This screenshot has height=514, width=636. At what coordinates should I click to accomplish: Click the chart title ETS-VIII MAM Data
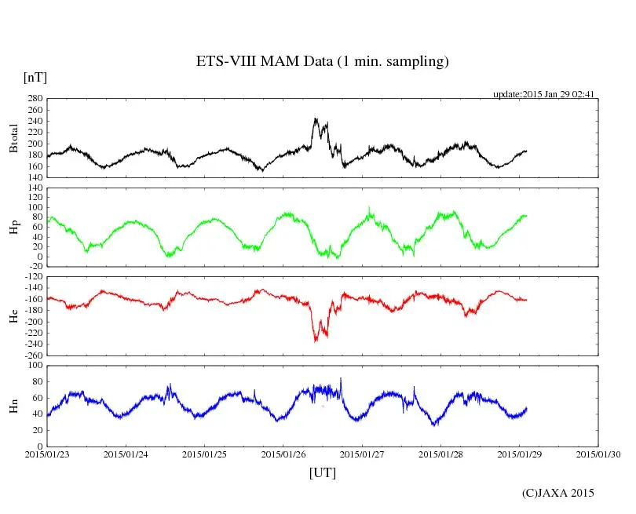tap(322, 62)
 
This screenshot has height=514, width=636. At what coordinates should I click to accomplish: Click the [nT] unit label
tap(35, 78)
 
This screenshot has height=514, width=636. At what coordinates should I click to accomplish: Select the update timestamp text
tap(543, 94)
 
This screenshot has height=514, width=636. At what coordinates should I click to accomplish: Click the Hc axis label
tap(13, 316)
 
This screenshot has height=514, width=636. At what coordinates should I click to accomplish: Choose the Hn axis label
tap(13, 406)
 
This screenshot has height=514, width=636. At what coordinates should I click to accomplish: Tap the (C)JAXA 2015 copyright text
tap(558, 493)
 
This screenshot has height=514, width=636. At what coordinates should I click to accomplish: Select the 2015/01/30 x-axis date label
tap(599, 454)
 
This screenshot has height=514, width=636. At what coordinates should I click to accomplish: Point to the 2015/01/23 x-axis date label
tap(47, 454)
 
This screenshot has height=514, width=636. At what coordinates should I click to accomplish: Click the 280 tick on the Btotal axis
tap(34, 99)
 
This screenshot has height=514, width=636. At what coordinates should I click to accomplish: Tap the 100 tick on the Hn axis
tap(34, 366)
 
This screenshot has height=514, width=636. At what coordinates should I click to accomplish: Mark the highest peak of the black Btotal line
tap(315, 118)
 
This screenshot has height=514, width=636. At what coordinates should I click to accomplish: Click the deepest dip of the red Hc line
tap(316, 341)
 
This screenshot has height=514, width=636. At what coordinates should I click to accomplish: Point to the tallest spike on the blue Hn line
tap(341, 378)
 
